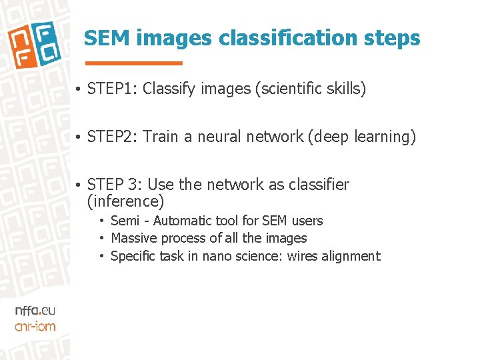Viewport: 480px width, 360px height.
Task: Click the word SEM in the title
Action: tap(107, 39)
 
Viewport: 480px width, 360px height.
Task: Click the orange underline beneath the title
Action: tap(143, 63)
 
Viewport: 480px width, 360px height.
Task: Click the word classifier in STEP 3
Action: tap(319, 185)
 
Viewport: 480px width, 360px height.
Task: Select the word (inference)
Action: tap(125, 201)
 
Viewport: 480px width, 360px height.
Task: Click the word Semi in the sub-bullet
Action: tap(125, 221)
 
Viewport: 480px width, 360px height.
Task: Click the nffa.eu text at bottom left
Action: tap(35, 311)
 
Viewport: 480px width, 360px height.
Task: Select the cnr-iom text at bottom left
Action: tap(35, 326)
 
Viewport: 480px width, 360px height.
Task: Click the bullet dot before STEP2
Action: tap(78, 137)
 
